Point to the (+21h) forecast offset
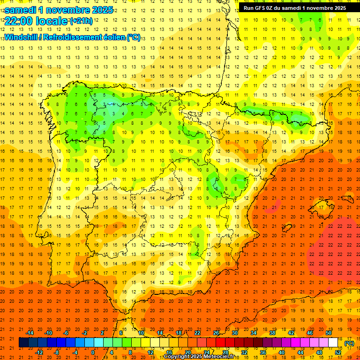[81, 21]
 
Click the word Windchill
[21, 37]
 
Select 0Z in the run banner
[272, 7]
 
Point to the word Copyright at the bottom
[177, 357]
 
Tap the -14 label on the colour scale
[30, 333]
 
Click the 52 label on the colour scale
[338, 352]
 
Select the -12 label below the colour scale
[39, 352]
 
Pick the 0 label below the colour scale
[93, 352]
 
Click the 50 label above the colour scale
[329, 333]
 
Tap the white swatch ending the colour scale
[333, 343]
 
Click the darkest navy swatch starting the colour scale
[23, 343]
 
